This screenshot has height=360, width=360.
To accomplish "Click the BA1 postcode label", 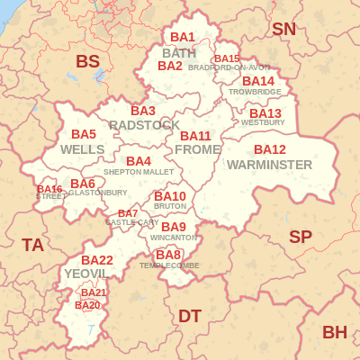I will (183, 37).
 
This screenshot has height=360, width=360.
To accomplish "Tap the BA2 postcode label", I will (170, 66).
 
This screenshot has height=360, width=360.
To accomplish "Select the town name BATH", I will (179, 53).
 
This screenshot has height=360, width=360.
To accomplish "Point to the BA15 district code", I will (227, 58).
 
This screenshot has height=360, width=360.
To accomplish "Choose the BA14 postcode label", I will (258, 81).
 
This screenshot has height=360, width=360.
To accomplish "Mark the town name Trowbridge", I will (255, 92).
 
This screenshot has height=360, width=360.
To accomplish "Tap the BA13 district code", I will (265, 113).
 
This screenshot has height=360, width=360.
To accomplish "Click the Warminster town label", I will (269, 165).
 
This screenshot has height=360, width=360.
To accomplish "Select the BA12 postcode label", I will (270, 149).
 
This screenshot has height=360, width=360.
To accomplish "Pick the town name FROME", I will (197, 149).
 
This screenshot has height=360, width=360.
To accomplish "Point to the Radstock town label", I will (144, 125).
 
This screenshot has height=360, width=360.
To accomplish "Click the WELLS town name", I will (83, 149).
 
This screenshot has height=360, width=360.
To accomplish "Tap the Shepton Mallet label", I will (139, 172).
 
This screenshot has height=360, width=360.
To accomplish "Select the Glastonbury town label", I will (98, 193).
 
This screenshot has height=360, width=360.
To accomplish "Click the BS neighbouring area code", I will (87, 61).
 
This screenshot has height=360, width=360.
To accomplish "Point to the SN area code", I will (283, 29).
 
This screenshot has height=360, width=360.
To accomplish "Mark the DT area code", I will (190, 316).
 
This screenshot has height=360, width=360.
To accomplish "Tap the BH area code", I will (334, 332).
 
